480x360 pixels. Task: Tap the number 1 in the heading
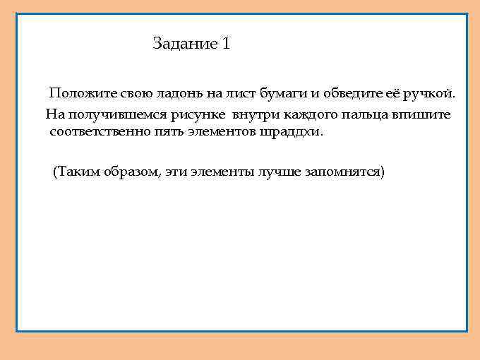click(227, 44)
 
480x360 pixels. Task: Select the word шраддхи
click(290, 132)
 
